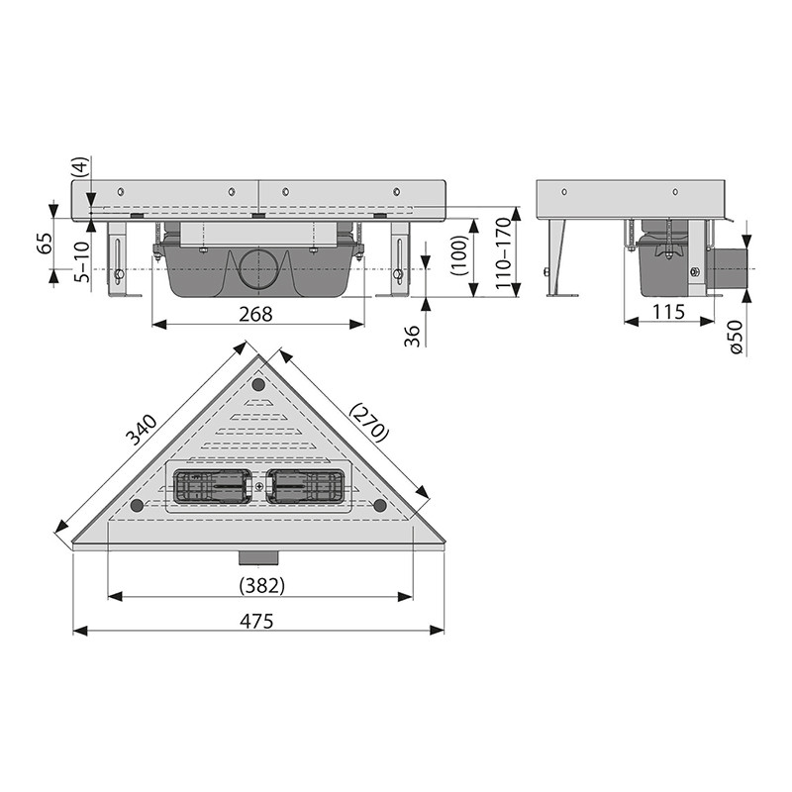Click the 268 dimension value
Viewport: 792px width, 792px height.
tap(255, 314)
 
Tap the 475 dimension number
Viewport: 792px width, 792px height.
tap(256, 621)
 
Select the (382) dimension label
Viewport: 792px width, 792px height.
tap(261, 586)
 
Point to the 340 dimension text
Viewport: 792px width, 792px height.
tap(142, 430)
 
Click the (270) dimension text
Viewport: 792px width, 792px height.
tap(369, 422)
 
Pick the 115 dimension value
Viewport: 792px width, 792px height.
tap(668, 312)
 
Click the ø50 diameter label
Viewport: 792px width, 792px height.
tap(737, 338)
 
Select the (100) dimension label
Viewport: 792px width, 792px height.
tap(459, 255)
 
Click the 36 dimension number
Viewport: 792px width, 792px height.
tap(413, 336)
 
